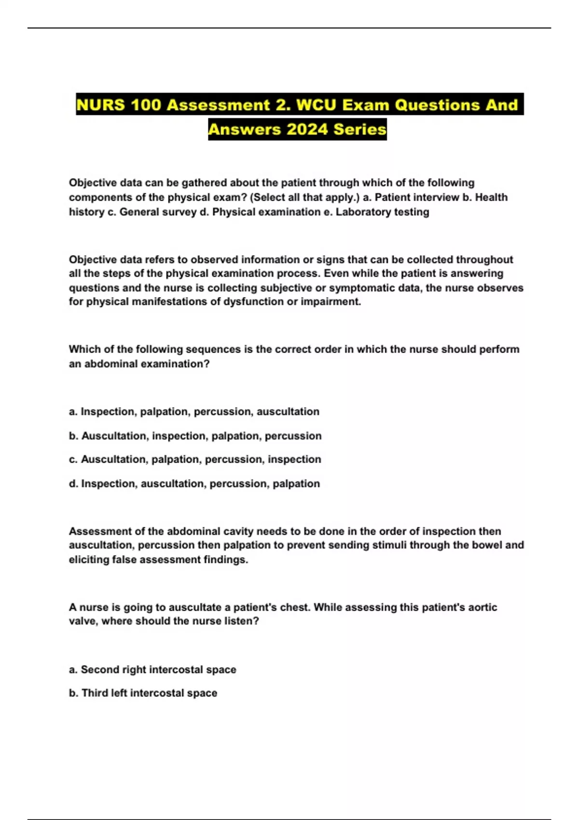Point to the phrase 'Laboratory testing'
coord(382,212)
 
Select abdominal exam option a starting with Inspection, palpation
coord(194,411)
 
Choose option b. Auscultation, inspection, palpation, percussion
coord(195,436)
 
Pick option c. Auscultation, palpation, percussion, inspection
coord(195,459)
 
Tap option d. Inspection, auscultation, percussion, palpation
coord(194,483)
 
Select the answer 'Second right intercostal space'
coord(153,670)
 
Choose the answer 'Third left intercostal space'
coord(143,693)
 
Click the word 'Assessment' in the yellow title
coord(219,105)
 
